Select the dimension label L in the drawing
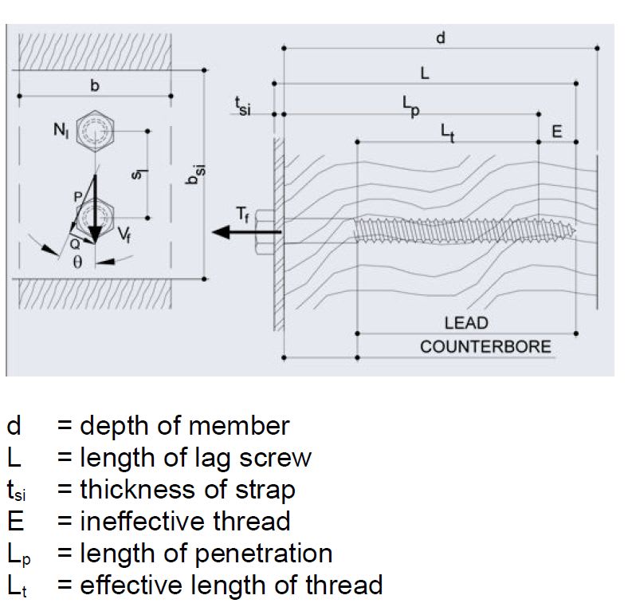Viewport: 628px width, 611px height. [x=425, y=73]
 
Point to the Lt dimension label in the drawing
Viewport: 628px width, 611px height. [x=449, y=132]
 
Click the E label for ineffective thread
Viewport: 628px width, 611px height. [x=557, y=132]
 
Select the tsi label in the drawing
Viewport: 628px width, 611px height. [x=242, y=105]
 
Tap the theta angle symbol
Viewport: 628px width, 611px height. [x=77, y=262]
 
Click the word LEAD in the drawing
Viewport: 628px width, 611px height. [x=466, y=323]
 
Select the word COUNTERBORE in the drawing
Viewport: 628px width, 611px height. [x=485, y=347]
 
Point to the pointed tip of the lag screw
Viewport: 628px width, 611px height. [x=572, y=231]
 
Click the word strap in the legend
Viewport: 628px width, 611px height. [x=266, y=489]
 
